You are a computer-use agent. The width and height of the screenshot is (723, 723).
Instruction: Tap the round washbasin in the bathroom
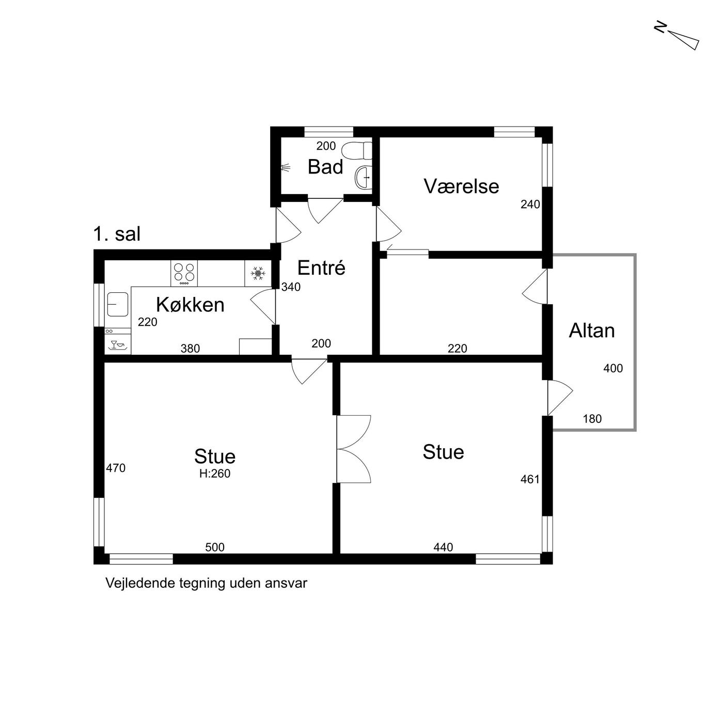pyautogui.click(x=363, y=177)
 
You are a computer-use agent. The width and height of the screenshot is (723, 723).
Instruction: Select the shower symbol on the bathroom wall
pyautogui.click(x=286, y=168)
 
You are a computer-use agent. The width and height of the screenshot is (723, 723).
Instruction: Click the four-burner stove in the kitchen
pyautogui.click(x=184, y=273)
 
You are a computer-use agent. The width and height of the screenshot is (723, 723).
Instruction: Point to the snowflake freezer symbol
pyautogui.click(x=258, y=273)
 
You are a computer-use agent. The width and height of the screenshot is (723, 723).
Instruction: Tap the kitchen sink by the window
pyautogui.click(x=118, y=304)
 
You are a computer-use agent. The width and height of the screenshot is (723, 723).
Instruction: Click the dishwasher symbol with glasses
pyautogui.click(x=118, y=345)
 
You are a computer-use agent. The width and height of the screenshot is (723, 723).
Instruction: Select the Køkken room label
pyautogui.click(x=190, y=305)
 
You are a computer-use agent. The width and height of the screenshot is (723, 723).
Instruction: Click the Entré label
pyautogui.click(x=321, y=268)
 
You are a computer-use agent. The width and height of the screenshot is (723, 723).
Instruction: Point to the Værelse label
pyautogui.click(x=462, y=186)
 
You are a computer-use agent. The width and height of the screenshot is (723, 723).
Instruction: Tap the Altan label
pyautogui.click(x=592, y=331)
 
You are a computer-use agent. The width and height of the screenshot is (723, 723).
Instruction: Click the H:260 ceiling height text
pyautogui.click(x=215, y=474)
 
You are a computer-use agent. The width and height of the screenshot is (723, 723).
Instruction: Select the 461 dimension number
pyautogui.click(x=530, y=479)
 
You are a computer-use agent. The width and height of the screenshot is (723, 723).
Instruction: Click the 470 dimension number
pyautogui.click(x=116, y=468)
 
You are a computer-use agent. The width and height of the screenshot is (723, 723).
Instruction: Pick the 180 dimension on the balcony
pyautogui.click(x=592, y=419)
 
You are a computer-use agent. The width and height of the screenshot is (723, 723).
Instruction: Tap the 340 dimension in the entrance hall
pyautogui.click(x=291, y=287)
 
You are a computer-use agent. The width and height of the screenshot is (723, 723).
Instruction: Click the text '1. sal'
pyautogui.click(x=117, y=234)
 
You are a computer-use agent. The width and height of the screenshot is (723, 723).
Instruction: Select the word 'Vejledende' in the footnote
pyautogui.click(x=133, y=583)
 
